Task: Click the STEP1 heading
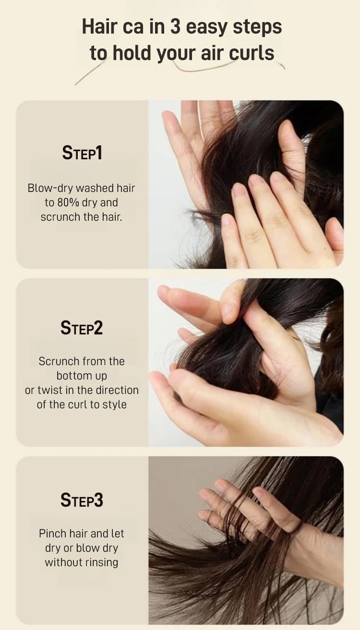(82, 153)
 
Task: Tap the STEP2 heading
(82, 328)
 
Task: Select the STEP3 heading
(82, 500)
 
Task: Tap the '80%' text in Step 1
(68, 203)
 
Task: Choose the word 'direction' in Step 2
(117, 390)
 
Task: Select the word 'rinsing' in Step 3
(102, 562)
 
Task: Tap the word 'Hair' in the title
(99, 27)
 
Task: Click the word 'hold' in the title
(132, 53)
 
